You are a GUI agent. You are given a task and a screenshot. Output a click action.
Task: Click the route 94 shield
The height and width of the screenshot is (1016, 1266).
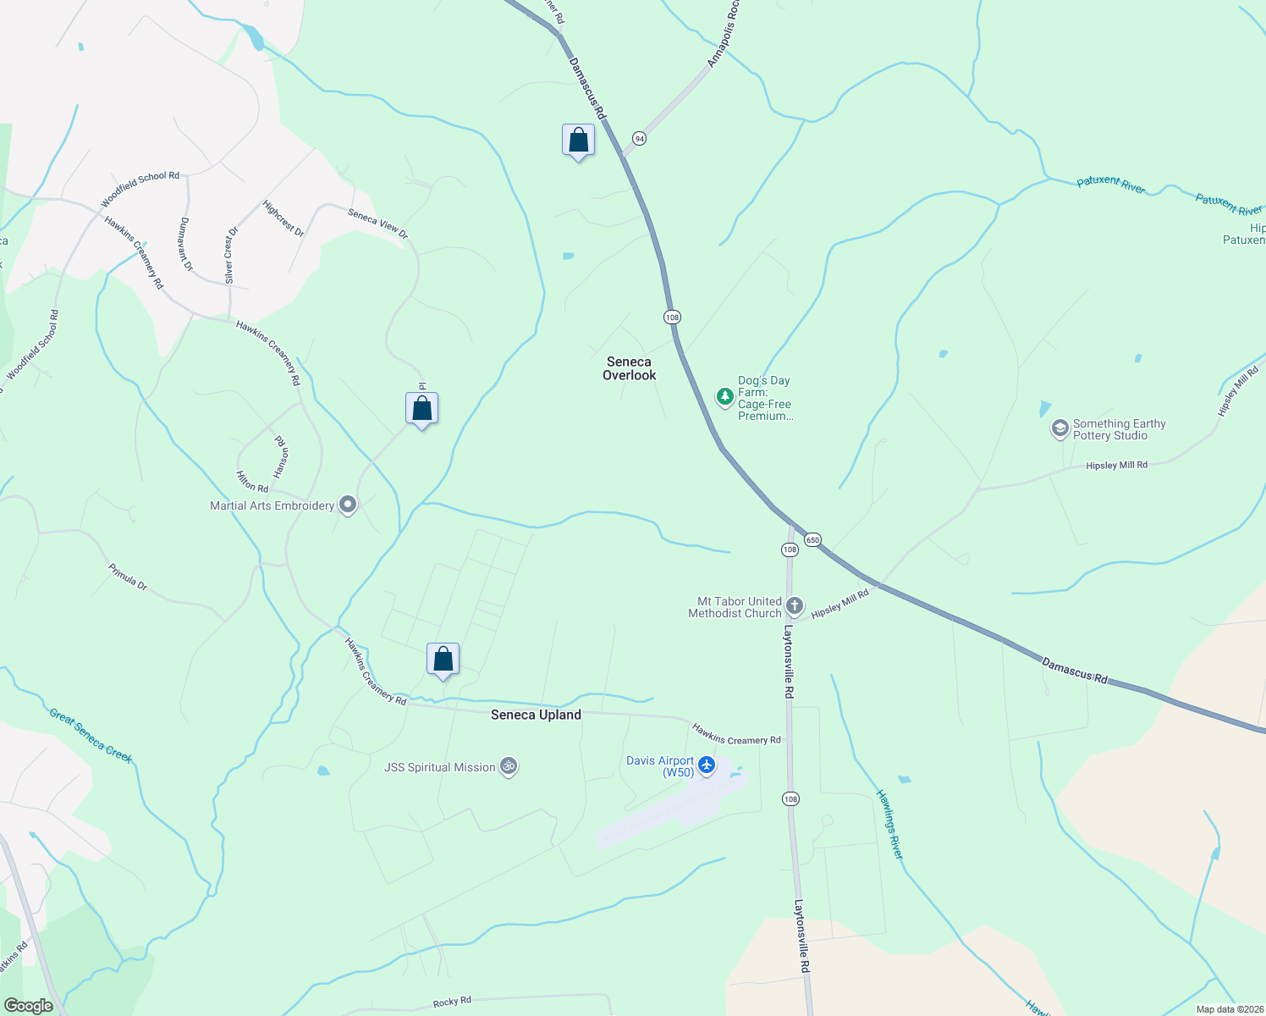(x=639, y=138)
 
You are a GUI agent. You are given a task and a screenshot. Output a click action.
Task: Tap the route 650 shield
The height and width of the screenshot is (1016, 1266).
(x=812, y=540)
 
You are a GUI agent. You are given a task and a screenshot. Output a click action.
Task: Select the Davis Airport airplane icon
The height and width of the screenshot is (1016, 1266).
(x=707, y=766)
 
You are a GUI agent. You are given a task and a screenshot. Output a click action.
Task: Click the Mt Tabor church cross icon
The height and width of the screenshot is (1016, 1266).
(x=794, y=605)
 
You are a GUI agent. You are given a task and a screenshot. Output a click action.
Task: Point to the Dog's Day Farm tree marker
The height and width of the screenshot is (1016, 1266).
(x=724, y=396)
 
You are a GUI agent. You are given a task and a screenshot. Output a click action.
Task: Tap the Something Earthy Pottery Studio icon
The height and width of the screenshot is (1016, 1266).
(x=1060, y=428)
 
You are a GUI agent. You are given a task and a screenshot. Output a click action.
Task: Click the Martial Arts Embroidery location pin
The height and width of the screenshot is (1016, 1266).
(x=347, y=505)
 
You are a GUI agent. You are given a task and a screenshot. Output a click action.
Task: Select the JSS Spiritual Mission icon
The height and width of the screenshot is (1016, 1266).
(x=508, y=767)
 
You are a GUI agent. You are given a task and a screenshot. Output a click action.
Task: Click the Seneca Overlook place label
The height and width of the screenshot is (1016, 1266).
(x=629, y=368)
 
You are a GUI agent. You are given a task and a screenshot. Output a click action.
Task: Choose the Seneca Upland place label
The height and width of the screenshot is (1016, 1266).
(x=536, y=715)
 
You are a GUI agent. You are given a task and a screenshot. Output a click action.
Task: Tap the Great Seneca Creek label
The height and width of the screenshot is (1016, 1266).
(x=91, y=735)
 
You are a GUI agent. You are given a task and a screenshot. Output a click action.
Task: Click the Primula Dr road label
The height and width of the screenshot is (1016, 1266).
(x=128, y=576)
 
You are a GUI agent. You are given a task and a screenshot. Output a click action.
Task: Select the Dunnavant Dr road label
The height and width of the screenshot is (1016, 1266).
(x=186, y=244)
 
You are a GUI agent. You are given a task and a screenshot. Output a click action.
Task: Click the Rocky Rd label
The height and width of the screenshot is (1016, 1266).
(x=452, y=1002)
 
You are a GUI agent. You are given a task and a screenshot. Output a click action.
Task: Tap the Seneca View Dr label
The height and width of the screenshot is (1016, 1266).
(x=377, y=224)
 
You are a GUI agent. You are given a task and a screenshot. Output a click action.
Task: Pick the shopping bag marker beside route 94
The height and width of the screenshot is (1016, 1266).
(x=578, y=141)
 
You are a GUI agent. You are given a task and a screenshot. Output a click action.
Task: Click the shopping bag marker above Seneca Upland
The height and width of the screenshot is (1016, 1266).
(x=443, y=659)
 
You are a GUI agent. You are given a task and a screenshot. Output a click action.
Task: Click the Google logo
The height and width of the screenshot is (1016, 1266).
(x=28, y=1006)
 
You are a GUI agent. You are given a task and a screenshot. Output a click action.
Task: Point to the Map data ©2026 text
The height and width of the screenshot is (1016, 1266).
(x=1230, y=1009)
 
